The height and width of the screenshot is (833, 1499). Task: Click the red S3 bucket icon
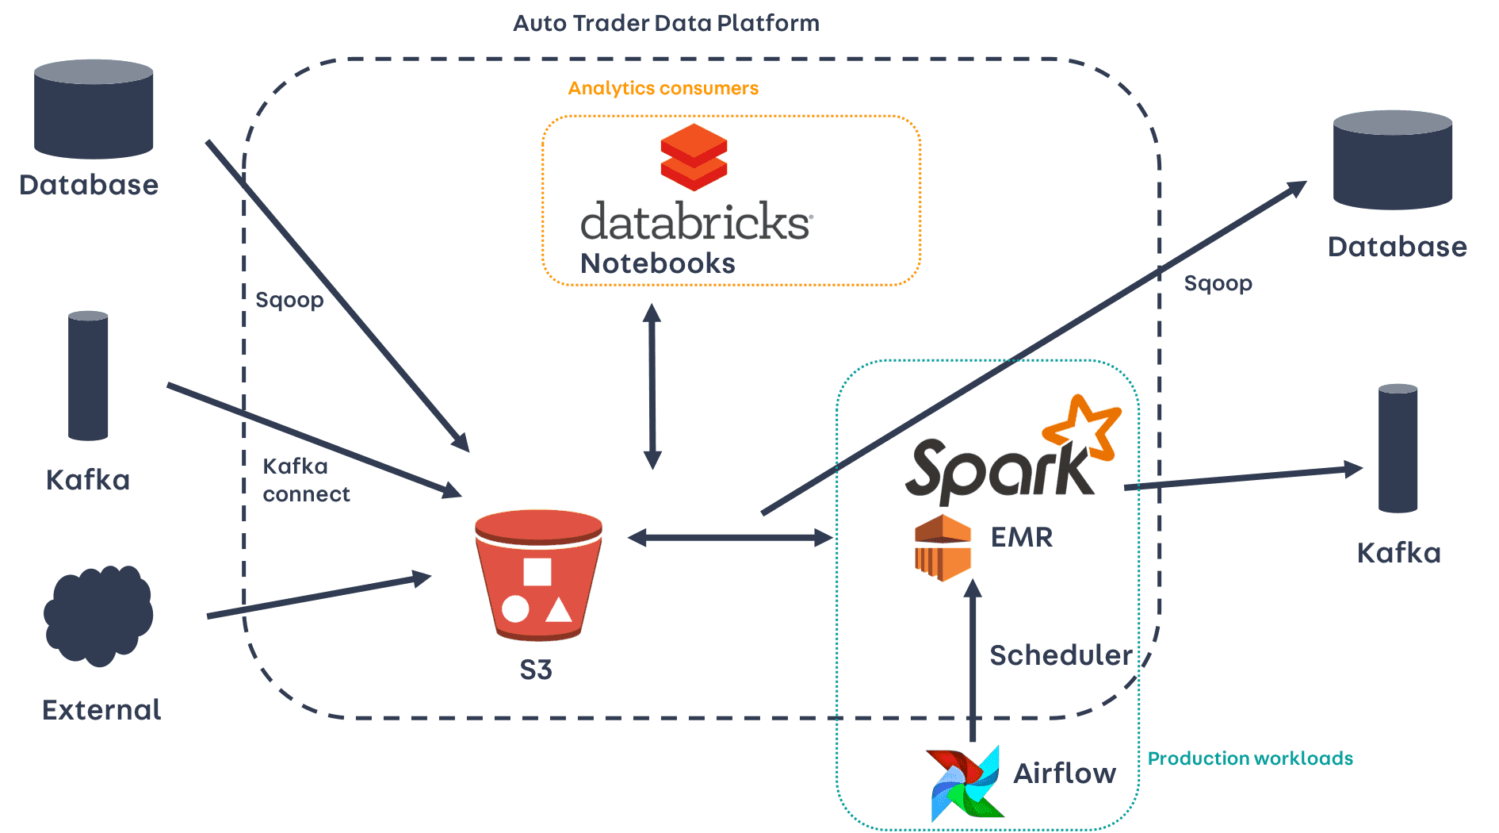pos(538,575)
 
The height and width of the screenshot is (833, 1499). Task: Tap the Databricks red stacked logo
pos(694,157)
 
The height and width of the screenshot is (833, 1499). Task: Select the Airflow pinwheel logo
pos(966,783)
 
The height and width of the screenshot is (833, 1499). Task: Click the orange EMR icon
pos(943,547)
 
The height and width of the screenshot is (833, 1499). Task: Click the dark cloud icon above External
pos(98,616)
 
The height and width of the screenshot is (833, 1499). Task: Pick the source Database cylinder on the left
pos(94,109)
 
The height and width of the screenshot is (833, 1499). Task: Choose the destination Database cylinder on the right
pos(1393,159)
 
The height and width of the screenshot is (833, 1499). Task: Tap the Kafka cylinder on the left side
pos(88,375)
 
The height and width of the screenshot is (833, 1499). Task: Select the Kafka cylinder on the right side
pos(1398,448)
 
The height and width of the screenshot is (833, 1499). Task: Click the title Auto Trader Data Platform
pos(666,23)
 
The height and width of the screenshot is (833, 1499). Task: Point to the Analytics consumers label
pos(663,88)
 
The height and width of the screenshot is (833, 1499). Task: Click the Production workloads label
pos(1250,758)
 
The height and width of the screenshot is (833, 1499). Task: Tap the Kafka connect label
pos(306,480)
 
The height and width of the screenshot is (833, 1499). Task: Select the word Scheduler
pos(1061,655)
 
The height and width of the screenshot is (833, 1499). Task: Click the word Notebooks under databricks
pos(658,263)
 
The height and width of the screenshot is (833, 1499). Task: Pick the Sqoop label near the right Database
pos(1218,284)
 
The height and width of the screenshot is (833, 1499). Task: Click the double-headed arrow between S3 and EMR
pos(730,538)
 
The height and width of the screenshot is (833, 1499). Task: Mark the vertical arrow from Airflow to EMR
pos(973,660)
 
